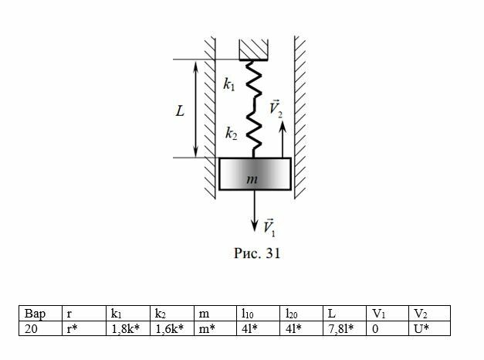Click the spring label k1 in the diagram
coord(229,85)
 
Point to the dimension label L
coord(180,110)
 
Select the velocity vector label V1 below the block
coord(269,226)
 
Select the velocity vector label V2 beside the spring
coord(276,109)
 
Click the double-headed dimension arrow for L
coord(196,109)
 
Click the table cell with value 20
coord(32,328)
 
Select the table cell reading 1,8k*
coord(126,328)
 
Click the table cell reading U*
coord(421,328)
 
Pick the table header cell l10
coord(247,314)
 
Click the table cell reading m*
coord(204,328)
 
